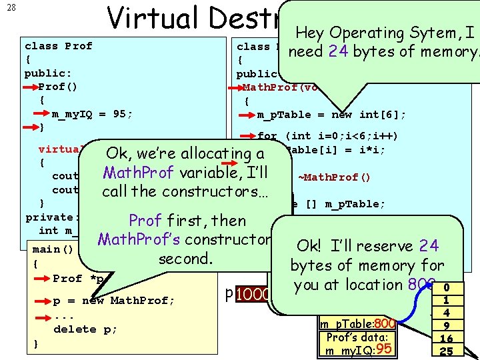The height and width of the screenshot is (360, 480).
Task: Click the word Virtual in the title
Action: (152, 18)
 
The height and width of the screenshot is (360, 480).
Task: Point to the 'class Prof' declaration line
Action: (58, 46)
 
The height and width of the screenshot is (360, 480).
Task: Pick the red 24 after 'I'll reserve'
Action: (429, 245)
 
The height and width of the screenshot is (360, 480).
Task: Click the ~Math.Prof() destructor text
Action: (329, 177)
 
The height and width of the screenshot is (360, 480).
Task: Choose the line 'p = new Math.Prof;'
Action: (114, 300)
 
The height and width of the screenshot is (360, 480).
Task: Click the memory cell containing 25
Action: (446, 351)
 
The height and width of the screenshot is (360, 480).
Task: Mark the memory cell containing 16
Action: (446, 338)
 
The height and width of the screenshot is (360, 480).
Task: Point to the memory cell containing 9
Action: (446, 325)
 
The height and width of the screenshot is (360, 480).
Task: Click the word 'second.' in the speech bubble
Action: (185, 258)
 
